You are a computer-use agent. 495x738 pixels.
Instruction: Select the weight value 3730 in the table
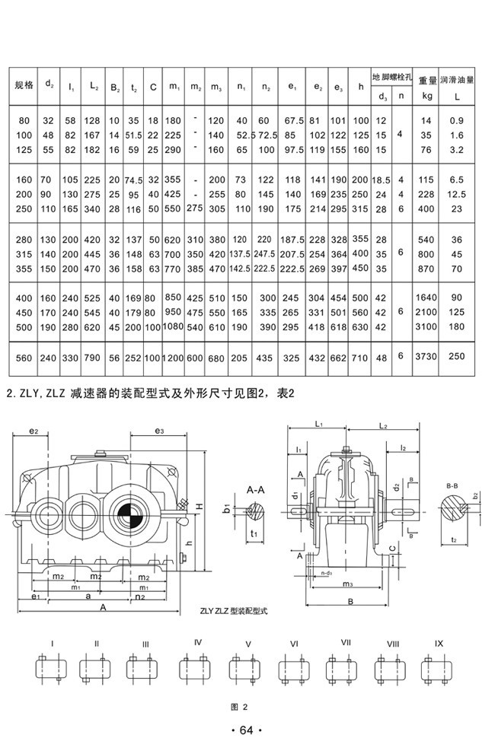point(426,357)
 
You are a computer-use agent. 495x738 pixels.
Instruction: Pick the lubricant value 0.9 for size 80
point(457,121)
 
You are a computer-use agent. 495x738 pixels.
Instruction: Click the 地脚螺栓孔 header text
point(391,78)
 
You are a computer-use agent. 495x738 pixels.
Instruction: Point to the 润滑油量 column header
point(457,78)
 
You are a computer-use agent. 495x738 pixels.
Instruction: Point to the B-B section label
point(452,483)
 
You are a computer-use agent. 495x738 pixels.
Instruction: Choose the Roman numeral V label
point(248,644)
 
